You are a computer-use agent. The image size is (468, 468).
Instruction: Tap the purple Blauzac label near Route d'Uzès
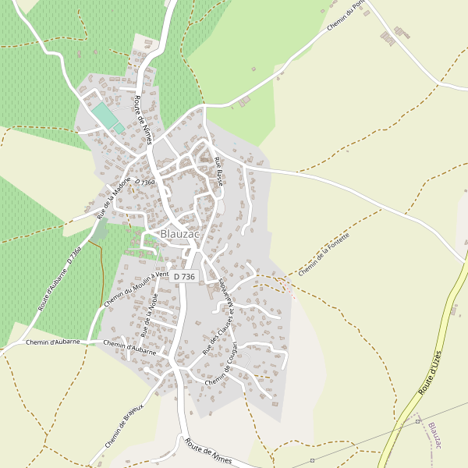point(435,436)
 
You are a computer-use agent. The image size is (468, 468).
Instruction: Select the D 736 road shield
point(184,277)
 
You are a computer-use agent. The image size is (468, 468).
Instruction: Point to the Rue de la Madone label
point(108,198)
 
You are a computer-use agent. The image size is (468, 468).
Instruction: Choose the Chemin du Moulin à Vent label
point(136,289)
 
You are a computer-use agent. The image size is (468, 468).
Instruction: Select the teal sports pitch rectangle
point(106,117)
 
